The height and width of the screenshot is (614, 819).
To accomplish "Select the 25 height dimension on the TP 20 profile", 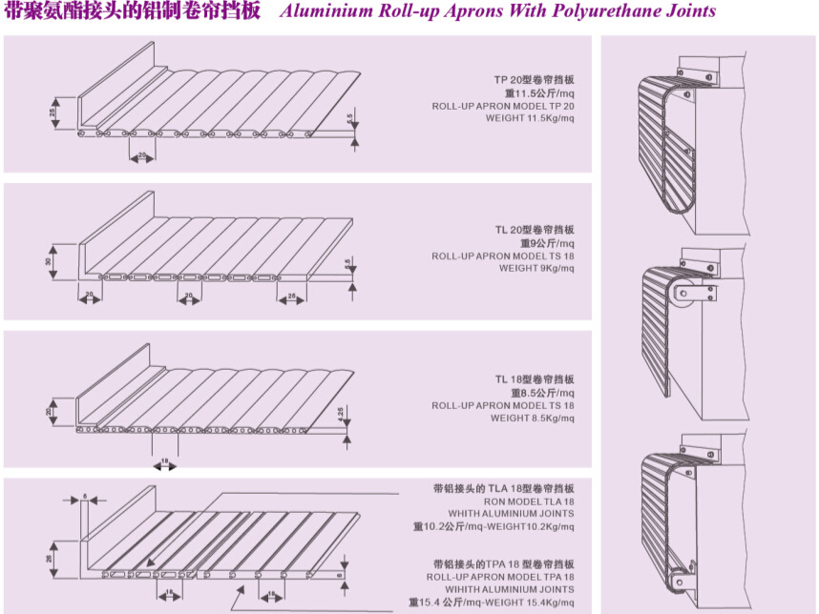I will [x=52, y=111].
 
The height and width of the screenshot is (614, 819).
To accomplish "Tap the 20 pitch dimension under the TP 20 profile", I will [x=142, y=153].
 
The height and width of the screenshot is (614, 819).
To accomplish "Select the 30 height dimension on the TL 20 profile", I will [x=49, y=260].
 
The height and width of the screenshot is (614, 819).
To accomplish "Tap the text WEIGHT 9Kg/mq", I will [x=536, y=269].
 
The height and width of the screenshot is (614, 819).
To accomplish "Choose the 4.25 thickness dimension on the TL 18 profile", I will [x=341, y=412].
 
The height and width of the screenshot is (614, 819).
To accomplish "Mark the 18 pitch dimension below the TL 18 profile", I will [x=165, y=460].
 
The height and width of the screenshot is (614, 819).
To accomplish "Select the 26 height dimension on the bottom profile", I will [x=49, y=559].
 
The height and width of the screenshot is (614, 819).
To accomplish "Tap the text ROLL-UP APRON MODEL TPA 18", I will [x=500, y=577].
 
